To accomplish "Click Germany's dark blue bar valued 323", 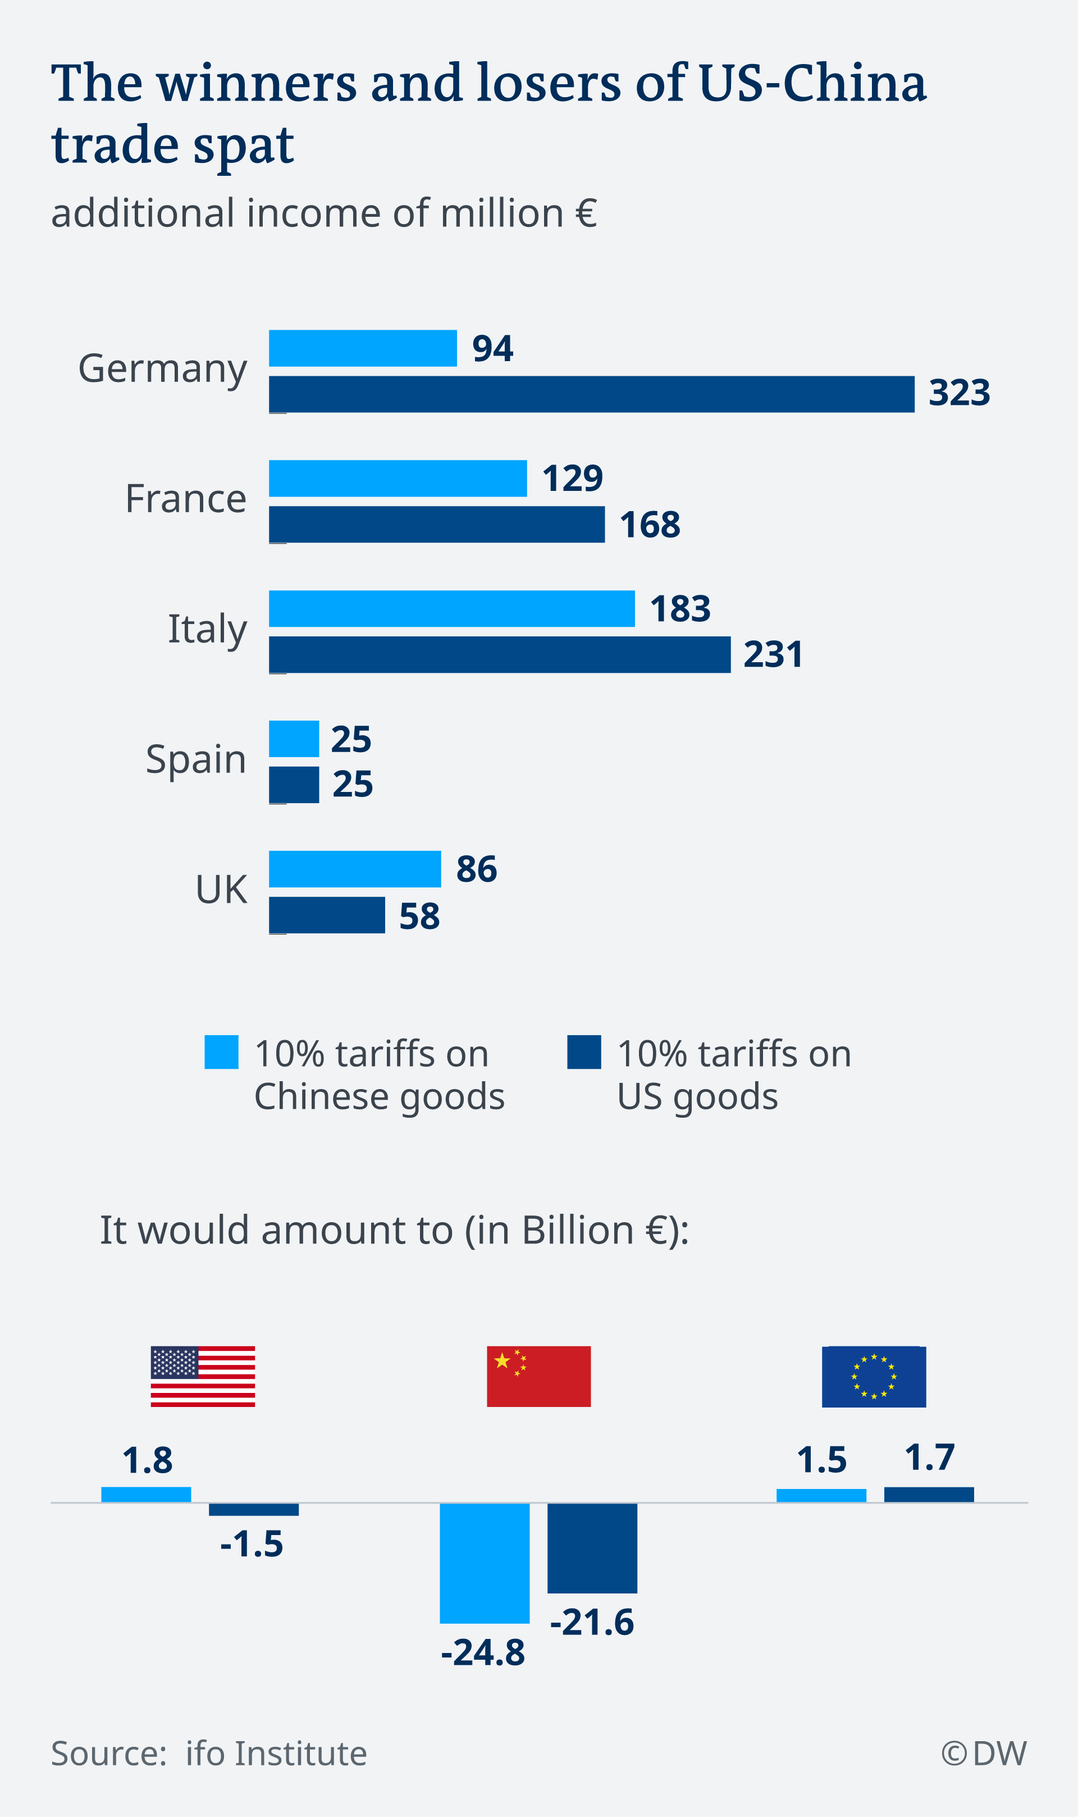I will (591, 394).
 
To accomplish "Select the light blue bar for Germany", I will (363, 348).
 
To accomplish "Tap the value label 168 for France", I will (650, 525).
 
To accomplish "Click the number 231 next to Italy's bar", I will (773, 654).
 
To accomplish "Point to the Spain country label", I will (195, 759).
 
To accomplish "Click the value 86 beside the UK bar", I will (477, 869).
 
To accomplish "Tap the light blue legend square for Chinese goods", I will (222, 1052).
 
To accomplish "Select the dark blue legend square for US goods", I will (584, 1052).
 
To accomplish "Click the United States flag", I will (203, 1376).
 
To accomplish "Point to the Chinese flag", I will (538, 1376).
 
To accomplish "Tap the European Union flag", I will (873, 1376).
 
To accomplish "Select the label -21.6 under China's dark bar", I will (592, 1622).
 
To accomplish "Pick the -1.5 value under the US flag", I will (252, 1544).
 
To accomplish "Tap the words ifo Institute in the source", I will (276, 1753).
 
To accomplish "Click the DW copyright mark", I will (984, 1753).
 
